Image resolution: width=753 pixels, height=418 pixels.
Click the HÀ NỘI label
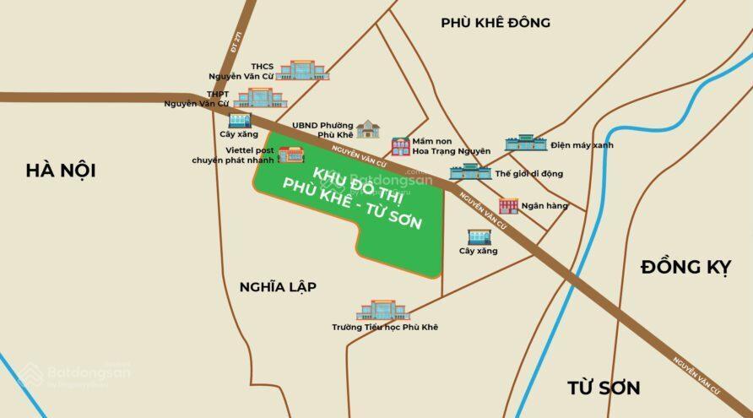point(60,171)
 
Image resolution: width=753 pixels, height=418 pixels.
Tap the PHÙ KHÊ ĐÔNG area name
point(495,23)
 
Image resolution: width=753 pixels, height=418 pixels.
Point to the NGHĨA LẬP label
point(277,287)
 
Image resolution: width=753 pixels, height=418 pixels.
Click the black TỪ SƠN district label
point(603,388)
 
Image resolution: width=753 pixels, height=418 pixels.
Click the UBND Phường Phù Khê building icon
point(368,128)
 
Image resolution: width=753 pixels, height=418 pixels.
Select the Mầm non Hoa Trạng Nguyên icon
point(400,146)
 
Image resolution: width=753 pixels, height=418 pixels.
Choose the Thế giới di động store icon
point(470,171)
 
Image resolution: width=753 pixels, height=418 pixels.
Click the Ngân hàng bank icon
point(508,205)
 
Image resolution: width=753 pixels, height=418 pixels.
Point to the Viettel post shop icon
point(290,155)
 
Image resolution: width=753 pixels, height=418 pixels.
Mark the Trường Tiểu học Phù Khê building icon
point(382,309)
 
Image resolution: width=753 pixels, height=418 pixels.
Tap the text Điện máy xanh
point(582,145)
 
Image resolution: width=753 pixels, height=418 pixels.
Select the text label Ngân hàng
point(544,206)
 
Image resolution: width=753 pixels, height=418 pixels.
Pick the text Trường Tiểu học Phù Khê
point(385,327)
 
